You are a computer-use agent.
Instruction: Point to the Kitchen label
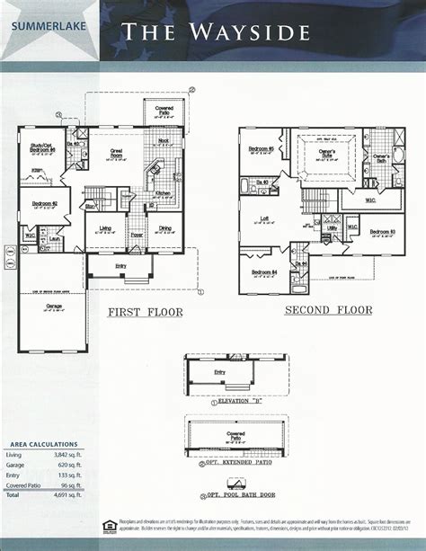(x=164, y=193)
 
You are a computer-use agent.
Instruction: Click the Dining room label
(x=167, y=228)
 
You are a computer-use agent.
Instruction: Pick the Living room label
(x=106, y=228)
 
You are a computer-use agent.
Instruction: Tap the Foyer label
(x=137, y=236)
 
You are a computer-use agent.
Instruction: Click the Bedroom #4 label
(x=263, y=271)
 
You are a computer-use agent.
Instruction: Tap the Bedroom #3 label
(x=382, y=230)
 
